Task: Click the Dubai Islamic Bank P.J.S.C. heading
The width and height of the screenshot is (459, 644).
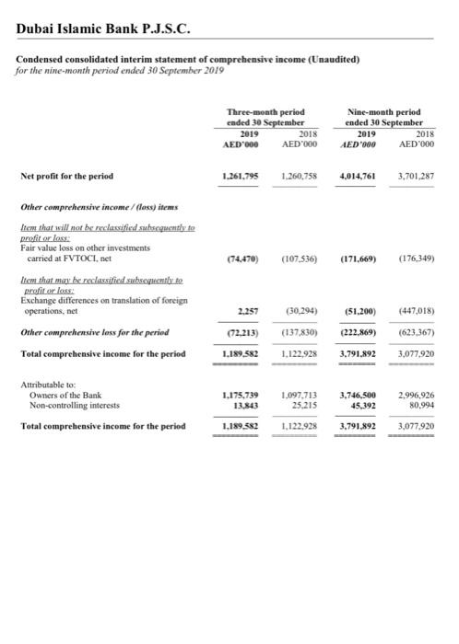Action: click(x=103, y=30)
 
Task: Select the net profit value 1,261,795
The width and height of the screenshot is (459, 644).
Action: click(x=241, y=176)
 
